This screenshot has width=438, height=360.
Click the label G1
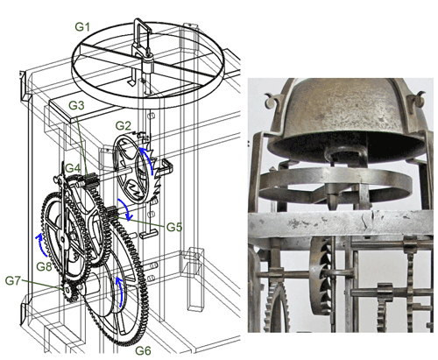click(x=82, y=27)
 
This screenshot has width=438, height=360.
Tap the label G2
click(x=123, y=125)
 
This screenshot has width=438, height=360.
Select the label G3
click(x=76, y=105)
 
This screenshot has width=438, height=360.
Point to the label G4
click(x=73, y=168)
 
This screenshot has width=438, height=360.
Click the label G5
click(x=174, y=227)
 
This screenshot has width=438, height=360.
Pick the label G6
click(x=143, y=350)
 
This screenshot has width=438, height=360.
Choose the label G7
click(x=13, y=280)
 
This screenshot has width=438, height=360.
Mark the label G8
click(x=44, y=266)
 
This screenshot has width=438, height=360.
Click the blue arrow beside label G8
click(x=41, y=244)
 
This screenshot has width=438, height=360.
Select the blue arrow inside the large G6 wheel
click(x=120, y=292)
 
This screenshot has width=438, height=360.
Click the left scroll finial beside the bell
click(x=272, y=99)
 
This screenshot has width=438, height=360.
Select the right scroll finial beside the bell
click(x=418, y=99)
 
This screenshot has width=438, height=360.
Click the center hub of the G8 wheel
click(x=62, y=240)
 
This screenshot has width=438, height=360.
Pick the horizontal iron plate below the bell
click(x=341, y=224)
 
